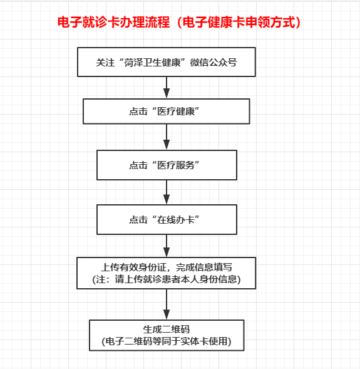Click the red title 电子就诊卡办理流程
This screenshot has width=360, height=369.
point(113,23)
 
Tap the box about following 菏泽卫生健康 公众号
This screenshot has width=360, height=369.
point(167,62)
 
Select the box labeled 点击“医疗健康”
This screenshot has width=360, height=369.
point(167,112)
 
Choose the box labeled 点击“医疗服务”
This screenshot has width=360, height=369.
point(167,165)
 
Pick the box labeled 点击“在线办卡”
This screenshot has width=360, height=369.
point(167,219)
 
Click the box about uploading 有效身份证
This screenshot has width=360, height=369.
point(167,273)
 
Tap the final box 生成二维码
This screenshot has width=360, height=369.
point(167,335)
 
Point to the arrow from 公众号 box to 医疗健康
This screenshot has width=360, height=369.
point(167,87)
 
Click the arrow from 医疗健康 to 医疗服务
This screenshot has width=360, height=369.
point(167,137)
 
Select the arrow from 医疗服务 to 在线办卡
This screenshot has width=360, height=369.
point(167,192)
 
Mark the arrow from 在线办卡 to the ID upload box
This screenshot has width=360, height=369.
point(167,246)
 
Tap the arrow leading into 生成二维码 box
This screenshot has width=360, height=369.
point(167,304)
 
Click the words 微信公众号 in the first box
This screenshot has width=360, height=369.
point(213,63)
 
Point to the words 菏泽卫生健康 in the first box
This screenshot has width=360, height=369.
point(152,63)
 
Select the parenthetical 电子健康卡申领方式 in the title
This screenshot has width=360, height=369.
point(239,23)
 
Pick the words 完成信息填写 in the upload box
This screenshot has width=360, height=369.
point(204,267)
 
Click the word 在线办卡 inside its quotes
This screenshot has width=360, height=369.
point(176,220)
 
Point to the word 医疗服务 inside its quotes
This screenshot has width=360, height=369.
point(176,165)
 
